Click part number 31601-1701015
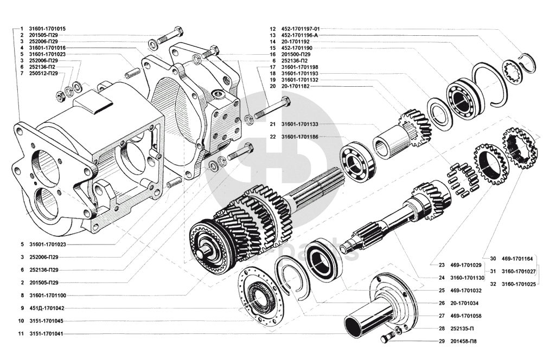[x=47, y=28]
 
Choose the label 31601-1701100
[x=47, y=295]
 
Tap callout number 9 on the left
[x=21, y=308]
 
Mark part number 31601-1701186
[x=299, y=137]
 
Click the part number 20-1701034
[x=462, y=303]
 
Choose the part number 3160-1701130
[x=467, y=278]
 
